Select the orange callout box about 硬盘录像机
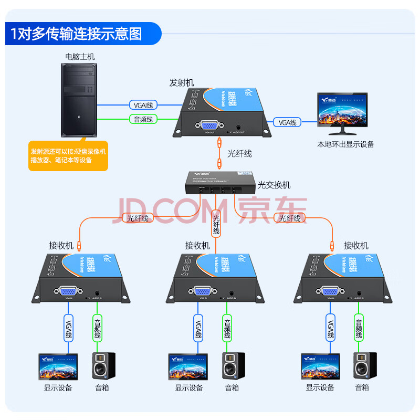click(x=68, y=156)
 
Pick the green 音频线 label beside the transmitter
click(x=143, y=119)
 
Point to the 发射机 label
click(x=181, y=82)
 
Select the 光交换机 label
click(x=274, y=185)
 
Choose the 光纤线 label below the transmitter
click(x=239, y=153)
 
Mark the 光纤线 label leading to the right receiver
click(x=290, y=218)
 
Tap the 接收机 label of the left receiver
click(x=61, y=245)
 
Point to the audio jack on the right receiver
click(x=359, y=292)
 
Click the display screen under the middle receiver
click(x=187, y=366)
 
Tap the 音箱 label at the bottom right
click(x=362, y=387)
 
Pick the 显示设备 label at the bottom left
click(x=58, y=388)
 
